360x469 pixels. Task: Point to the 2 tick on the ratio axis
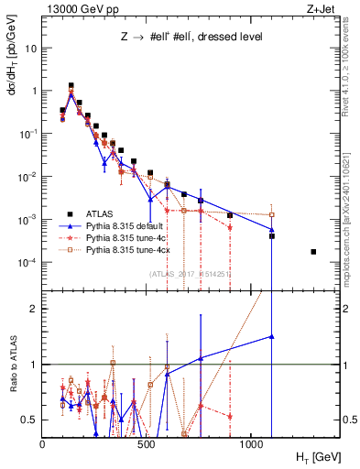[34, 310]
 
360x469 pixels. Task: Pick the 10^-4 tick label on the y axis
[27, 263]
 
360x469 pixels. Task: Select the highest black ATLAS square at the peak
[71, 85]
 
